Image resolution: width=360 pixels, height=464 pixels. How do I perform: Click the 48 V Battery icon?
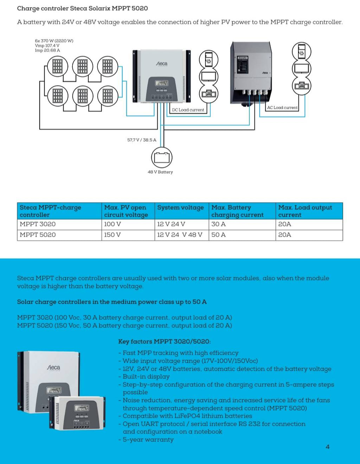[162, 157]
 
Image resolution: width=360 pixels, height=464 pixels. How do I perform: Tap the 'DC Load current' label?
[188, 110]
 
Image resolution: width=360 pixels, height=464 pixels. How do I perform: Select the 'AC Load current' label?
[282, 108]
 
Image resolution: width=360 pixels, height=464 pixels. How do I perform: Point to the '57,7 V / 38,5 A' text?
[142, 140]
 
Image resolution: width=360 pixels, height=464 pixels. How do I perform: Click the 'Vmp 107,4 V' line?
[47, 46]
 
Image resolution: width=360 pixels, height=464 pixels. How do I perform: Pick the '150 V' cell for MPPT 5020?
[112, 235]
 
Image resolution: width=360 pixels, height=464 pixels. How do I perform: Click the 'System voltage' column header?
[180, 208]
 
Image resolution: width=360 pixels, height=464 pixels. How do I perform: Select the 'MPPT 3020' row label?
[38, 224]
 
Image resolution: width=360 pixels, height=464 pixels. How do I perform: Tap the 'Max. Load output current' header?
[305, 211]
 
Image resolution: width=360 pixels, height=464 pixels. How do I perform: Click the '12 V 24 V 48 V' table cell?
[180, 235]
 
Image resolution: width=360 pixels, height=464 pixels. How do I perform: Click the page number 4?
[327, 447]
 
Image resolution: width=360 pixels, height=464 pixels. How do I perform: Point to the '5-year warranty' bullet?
[148, 439]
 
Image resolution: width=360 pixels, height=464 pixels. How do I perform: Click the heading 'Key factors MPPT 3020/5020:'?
[164, 341]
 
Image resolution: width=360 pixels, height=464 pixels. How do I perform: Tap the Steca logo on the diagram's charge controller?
[162, 64]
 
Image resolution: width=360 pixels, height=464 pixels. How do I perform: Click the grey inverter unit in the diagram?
[251, 72]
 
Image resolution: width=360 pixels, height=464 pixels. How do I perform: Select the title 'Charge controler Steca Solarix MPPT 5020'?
[82, 8]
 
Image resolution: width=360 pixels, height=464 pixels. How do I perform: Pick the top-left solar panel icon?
[57, 66]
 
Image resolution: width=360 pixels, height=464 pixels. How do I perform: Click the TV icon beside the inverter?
[301, 68]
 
